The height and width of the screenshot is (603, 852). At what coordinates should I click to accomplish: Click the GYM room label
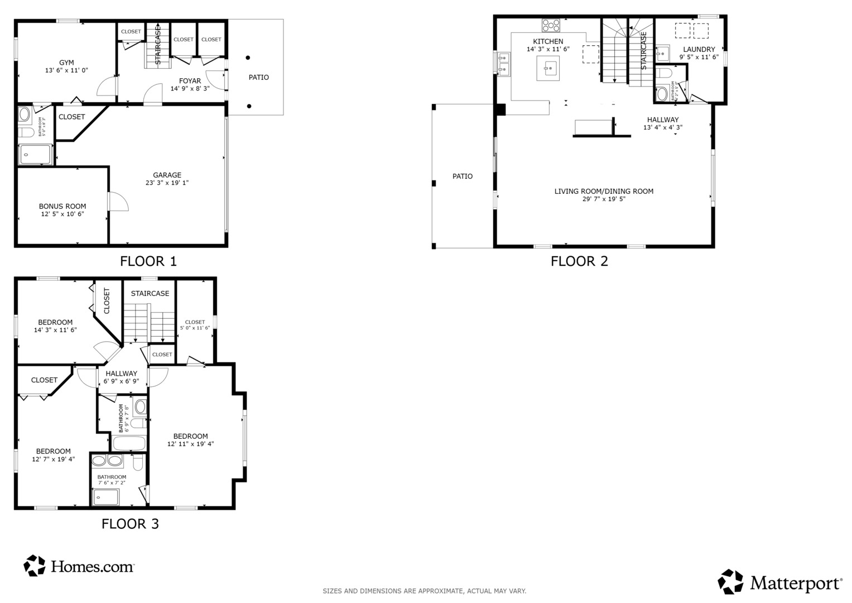66,63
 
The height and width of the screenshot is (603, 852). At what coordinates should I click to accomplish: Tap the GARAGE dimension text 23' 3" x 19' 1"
167,183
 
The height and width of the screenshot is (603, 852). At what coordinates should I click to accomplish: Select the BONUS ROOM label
62,206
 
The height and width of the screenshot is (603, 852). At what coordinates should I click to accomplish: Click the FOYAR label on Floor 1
190,81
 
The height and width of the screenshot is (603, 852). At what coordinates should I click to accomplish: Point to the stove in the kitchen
551,25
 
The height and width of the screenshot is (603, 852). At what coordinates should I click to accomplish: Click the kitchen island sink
548,68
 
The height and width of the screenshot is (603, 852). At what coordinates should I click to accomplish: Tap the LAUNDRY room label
699,49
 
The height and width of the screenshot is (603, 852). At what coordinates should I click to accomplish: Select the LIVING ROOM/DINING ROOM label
604,191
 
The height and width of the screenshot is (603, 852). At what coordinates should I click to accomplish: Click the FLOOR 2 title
579,261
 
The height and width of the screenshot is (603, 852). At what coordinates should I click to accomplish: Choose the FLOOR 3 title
130,524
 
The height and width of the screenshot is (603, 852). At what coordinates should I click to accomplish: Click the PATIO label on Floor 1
258,77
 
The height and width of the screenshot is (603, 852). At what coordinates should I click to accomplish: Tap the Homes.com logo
79,566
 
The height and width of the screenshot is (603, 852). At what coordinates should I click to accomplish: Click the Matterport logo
779,582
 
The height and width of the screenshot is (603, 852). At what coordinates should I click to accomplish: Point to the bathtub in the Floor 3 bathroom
129,444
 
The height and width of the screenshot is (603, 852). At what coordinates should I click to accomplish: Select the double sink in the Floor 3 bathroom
107,461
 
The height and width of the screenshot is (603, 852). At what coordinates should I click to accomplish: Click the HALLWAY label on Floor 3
121,374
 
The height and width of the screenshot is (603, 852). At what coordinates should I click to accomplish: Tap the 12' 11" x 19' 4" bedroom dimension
190,444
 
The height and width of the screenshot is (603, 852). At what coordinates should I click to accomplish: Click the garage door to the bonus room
118,202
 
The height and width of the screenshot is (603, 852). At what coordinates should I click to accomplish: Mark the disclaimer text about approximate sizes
424,591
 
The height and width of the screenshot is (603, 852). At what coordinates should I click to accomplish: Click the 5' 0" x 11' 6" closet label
195,328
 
